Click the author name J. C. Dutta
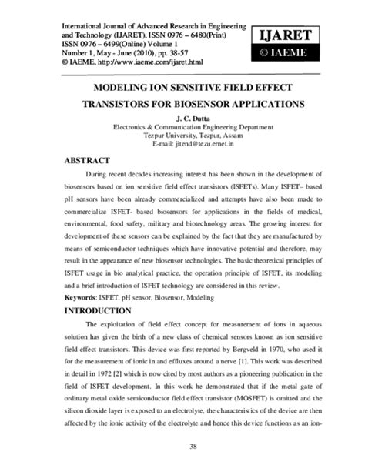pos(182,116)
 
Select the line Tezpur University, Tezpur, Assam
pos(182,135)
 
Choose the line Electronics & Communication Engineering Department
pos(182,126)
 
